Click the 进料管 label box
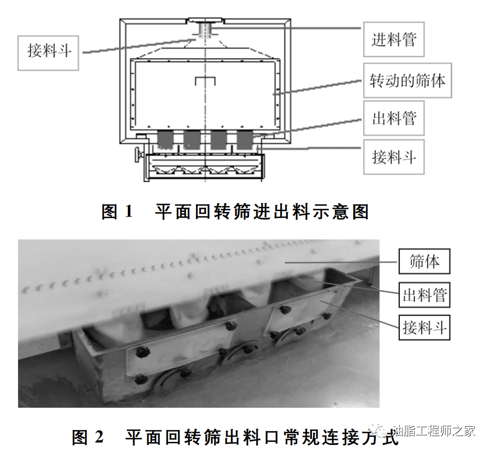click(x=394, y=39)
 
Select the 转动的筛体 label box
click(x=407, y=80)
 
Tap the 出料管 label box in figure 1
click(x=394, y=118)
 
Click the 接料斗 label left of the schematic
click(x=48, y=53)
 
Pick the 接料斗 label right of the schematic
click(x=394, y=157)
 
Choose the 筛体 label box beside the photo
click(x=424, y=261)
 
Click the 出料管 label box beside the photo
click(x=424, y=295)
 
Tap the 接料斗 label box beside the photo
click(x=424, y=327)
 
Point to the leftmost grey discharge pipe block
click(x=165, y=139)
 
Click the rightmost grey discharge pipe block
click(x=245, y=139)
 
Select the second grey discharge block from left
click(x=192, y=139)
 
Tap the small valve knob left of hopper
click(x=138, y=155)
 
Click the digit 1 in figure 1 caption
click(x=128, y=212)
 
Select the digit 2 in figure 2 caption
click(x=99, y=437)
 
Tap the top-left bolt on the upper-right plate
click(x=283, y=310)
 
